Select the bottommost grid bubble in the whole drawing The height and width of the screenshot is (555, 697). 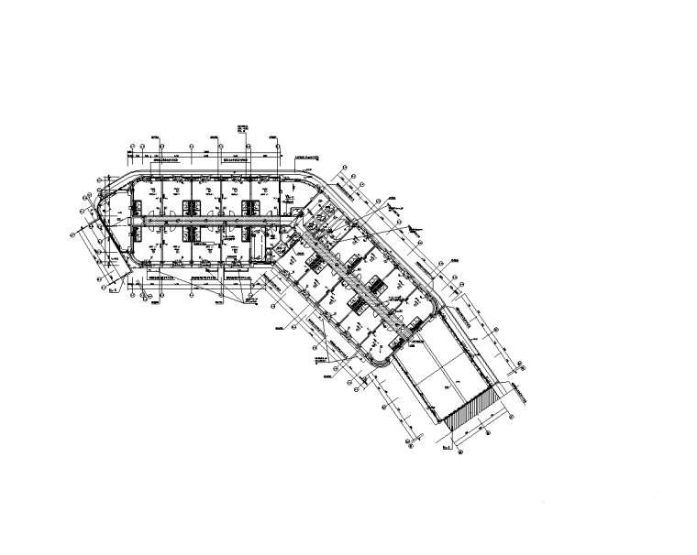click(463, 455)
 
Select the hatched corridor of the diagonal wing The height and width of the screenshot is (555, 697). click(353, 275)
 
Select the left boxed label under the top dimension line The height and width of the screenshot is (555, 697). click(167, 158)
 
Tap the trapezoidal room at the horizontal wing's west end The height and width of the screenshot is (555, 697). click(117, 220)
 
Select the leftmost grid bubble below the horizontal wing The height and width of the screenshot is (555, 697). click(133, 296)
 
